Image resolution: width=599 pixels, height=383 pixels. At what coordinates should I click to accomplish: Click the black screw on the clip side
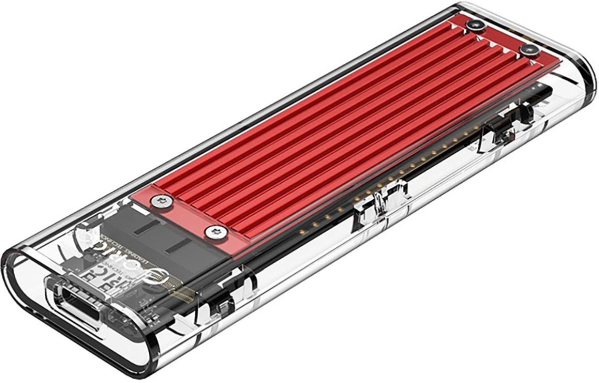[x=530, y=49]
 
